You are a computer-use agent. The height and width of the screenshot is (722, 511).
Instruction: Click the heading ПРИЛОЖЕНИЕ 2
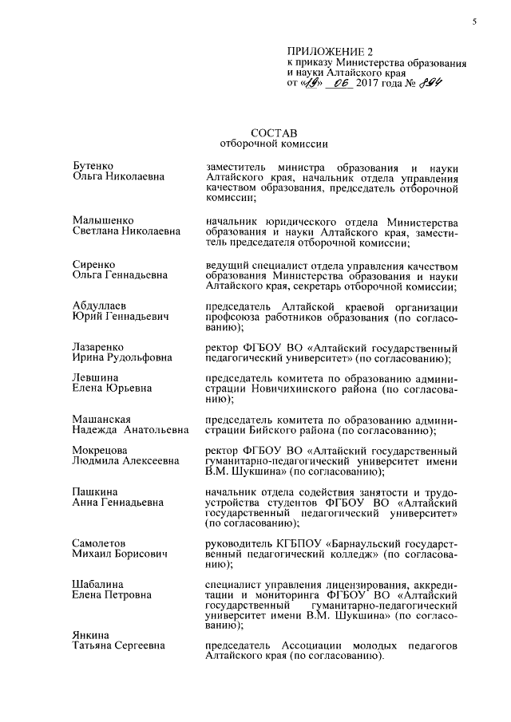click(x=323, y=52)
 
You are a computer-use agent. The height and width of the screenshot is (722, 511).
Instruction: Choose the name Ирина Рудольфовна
click(x=122, y=358)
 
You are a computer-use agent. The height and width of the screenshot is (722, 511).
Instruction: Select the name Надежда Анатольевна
click(x=130, y=431)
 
